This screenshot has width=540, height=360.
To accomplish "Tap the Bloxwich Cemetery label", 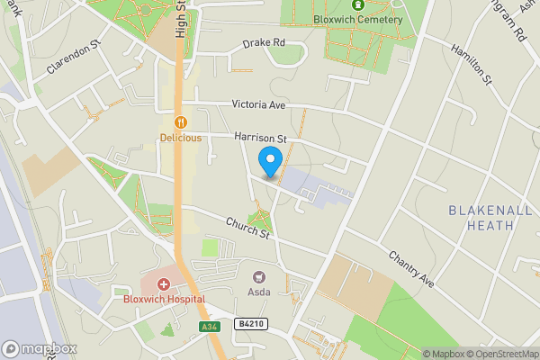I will (358, 19).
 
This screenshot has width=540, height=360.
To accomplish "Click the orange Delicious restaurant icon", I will (181, 122).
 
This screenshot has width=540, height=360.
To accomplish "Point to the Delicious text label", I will (181, 138).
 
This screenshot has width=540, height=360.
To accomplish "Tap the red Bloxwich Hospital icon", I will (164, 284).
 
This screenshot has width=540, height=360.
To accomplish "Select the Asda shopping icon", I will (260, 279).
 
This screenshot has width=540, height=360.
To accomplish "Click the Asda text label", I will (259, 293).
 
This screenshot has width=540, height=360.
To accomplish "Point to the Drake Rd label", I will (264, 42).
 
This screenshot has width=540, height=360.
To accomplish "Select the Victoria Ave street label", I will (258, 104).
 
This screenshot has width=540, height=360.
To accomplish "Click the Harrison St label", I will (259, 139).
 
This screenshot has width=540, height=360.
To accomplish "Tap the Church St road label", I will (248, 228).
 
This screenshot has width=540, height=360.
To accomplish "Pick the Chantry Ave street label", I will (410, 269).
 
